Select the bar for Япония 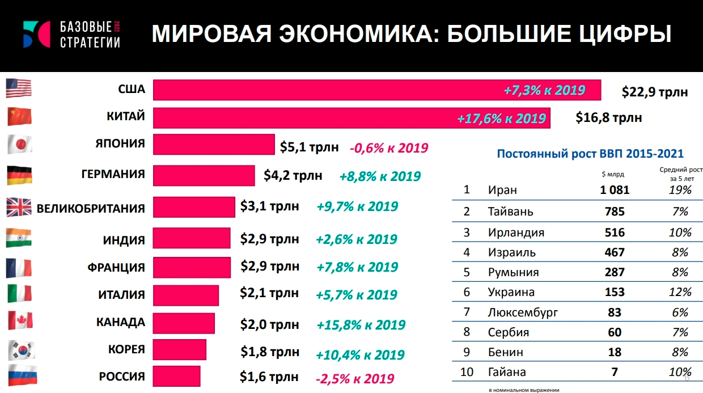click(x=214, y=144)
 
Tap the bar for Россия click(x=176, y=377)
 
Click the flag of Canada click(x=19, y=321)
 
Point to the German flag click(x=19, y=175)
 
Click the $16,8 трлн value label click(x=609, y=118)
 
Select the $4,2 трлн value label click(x=293, y=175)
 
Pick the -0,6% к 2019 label click(x=389, y=148)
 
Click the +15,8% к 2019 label click(x=361, y=326)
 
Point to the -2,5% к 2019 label click(x=354, y=378)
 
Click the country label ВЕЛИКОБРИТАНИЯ click(x=91, y=208)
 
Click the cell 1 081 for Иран click(x=615, y=190)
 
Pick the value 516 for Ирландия click(x=615, y=233)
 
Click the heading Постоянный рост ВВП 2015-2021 click(x=590, y=154)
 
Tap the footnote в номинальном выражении click(x=524, y=390)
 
